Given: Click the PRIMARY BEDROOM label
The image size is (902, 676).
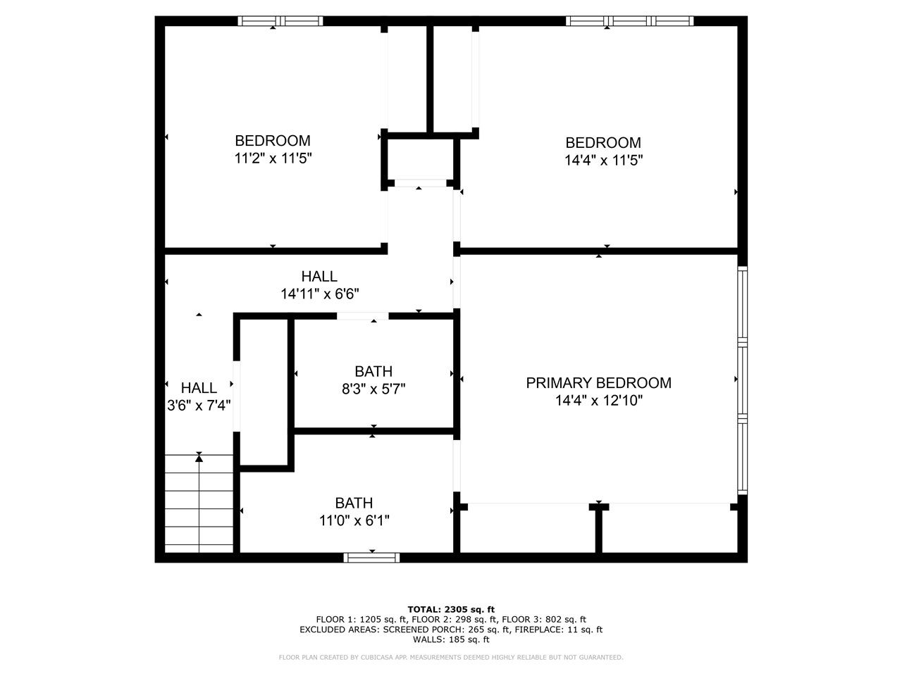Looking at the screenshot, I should (598, 383).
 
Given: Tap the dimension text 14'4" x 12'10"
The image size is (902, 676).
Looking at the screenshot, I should (598, 401).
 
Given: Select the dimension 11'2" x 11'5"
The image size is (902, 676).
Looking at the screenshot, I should (273, 158).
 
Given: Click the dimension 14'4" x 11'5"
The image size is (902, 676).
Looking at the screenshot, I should (603, 161).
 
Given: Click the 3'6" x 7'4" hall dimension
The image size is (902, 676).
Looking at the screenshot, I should (199, 406).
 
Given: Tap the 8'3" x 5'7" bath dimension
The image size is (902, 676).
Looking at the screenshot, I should (373, 389).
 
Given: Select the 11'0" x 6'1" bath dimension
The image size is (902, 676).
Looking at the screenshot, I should (354, 521).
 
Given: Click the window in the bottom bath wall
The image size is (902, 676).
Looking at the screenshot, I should (371, 558).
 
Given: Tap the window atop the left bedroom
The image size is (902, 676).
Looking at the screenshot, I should (280, 21).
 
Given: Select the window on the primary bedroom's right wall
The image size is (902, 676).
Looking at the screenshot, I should (742, 380).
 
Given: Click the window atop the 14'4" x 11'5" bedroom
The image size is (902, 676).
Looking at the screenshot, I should (630, 21).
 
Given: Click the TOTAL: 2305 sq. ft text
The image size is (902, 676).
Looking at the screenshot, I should (451, 609).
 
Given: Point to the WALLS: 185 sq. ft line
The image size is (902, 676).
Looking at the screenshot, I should (451, 639).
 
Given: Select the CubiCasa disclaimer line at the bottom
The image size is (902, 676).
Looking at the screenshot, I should (451, 658).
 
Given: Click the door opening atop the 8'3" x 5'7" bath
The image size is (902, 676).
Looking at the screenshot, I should (362, 316).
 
